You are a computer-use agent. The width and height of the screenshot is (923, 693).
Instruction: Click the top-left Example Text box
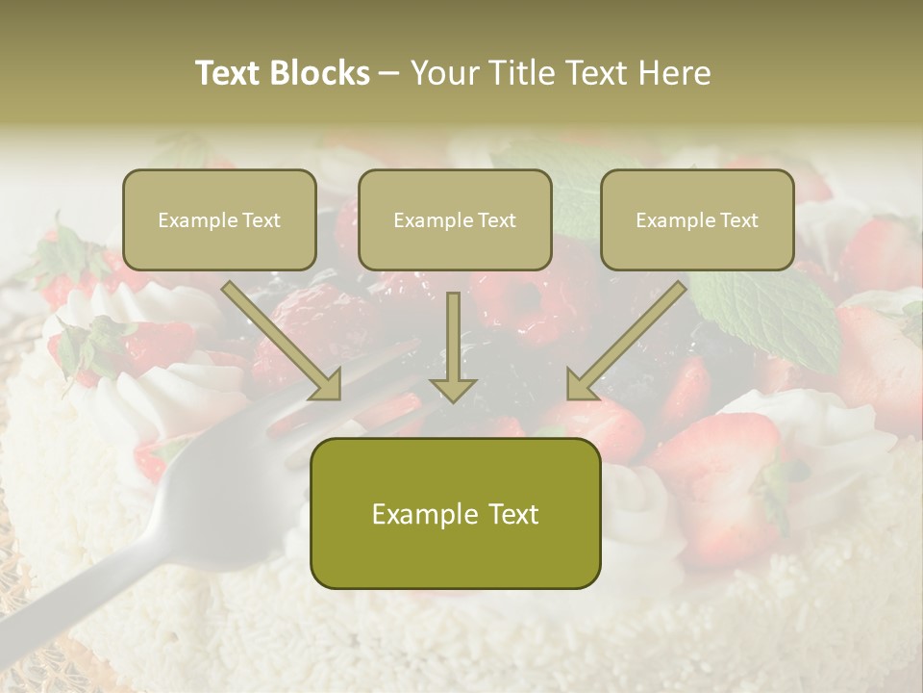pos(219,219)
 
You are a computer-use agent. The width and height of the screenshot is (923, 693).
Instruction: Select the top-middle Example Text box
pos(455,219)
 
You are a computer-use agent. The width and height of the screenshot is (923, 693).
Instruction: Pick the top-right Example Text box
pos(697,219)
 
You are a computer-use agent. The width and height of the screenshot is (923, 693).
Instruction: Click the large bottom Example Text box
pos(455,513)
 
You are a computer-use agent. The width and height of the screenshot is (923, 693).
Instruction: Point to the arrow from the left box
pos(284,341)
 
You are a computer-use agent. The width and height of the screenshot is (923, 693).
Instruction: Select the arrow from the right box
pos(625,341)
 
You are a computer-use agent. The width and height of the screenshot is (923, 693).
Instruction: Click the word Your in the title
pos(443,73)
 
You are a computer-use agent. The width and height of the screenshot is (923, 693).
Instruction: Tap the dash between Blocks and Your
pos(389,74)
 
